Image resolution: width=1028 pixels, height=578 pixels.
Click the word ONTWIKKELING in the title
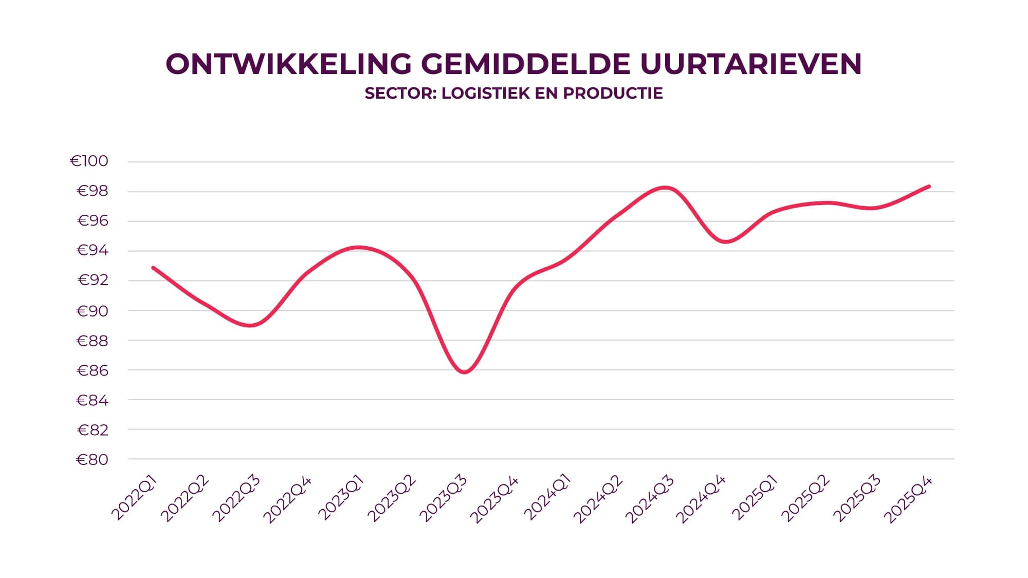pyautogui.click(x=288, y=64)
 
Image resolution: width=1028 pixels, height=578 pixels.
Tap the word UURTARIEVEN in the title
pyautogui.click(x=751, y=64)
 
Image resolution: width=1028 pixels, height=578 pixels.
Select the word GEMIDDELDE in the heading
pyautogui.click(x=525, y=64)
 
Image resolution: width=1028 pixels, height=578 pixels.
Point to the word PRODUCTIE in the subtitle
pyautogui.click(x=613, y=94)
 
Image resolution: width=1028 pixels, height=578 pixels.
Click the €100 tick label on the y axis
pyautogui.click(x=89, y=161)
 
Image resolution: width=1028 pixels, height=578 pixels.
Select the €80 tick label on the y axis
pyautogui.click(x=93, y=459)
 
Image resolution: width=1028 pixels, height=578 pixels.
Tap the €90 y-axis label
pyautogui.click(x=93, y=311)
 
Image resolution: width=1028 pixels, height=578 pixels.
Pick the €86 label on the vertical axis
pyautogui.click(x=93, y=370)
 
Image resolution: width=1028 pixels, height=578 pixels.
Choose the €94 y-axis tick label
pyautogui.click(x=93, y=251)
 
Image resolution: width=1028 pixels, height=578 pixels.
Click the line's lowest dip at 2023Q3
pyautogui.click(x=464, y=372)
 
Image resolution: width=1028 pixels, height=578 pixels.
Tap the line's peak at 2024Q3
pyautogui.click(x=666, y=188)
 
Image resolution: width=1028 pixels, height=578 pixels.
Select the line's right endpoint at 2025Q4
pyautogui.click(x=929, y=187)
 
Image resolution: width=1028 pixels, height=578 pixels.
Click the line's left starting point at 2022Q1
pyautogui.click(x=153, y=268)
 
